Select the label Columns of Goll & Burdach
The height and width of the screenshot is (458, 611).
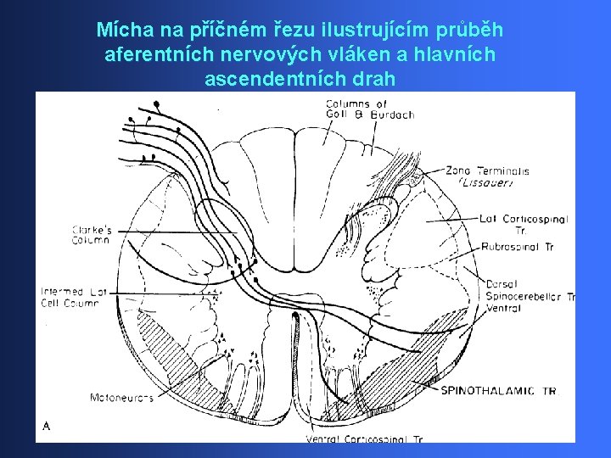tap(369, 110)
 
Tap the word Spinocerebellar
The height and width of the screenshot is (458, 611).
tap(524, 297)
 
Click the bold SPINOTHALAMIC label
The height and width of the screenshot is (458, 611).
tap(484, 391)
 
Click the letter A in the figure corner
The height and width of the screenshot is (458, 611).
tap(46, 427)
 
